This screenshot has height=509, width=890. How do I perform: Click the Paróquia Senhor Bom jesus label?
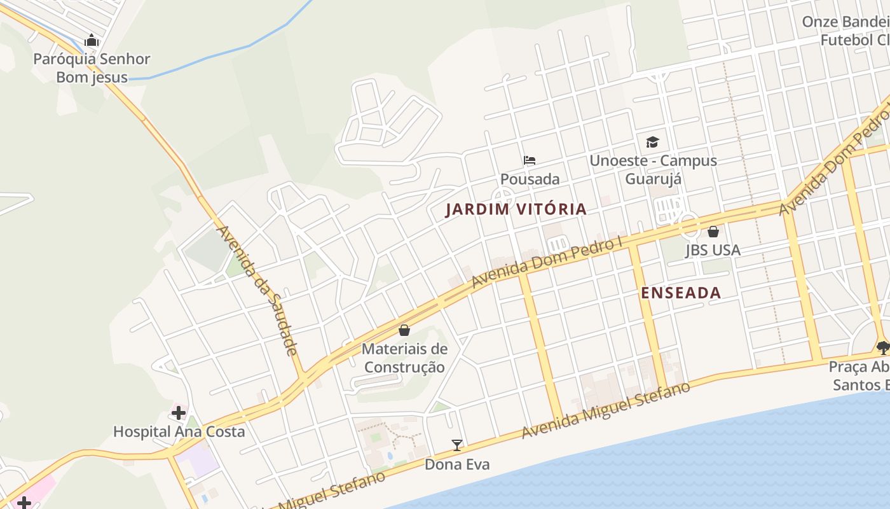[92, 68]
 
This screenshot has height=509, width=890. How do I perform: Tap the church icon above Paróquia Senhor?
[92, 41]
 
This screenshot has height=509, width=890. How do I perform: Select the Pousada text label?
[530, 179]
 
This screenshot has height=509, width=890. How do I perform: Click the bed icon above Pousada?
[530, 160]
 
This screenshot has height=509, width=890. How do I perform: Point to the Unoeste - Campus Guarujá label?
[653, 169]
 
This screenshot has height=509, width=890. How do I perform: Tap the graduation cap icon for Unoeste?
[652, 141]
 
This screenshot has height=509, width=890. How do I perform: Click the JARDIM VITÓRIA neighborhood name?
[516, 209]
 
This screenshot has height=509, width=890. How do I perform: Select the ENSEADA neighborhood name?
[681, 293]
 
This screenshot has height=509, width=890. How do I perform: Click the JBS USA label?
[713, 250]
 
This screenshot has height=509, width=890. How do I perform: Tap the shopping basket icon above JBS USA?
[713, 232]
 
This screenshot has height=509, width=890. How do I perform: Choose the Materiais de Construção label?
[404, 358]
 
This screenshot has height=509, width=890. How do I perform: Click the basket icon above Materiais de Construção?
[404, 330]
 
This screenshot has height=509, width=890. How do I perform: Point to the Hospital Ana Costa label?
[179, 431]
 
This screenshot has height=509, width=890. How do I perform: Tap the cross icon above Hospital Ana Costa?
[179, 413]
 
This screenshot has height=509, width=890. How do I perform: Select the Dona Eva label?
[457, 464]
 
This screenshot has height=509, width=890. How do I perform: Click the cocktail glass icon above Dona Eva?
[456, 445]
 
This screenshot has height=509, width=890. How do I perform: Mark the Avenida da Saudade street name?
[257, 289]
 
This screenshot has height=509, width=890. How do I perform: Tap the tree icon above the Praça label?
[882, 347]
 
